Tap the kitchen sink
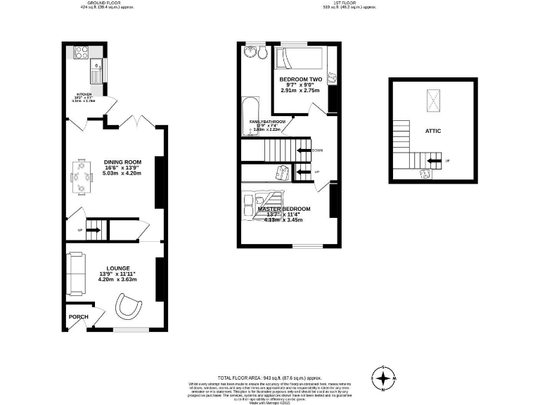coord(96,71)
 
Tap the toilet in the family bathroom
coord(262,51)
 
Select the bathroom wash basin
coord(250,52)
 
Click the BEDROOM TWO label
coord(300,79)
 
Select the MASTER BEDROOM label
coord(283,210)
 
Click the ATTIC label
coord(432,131)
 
